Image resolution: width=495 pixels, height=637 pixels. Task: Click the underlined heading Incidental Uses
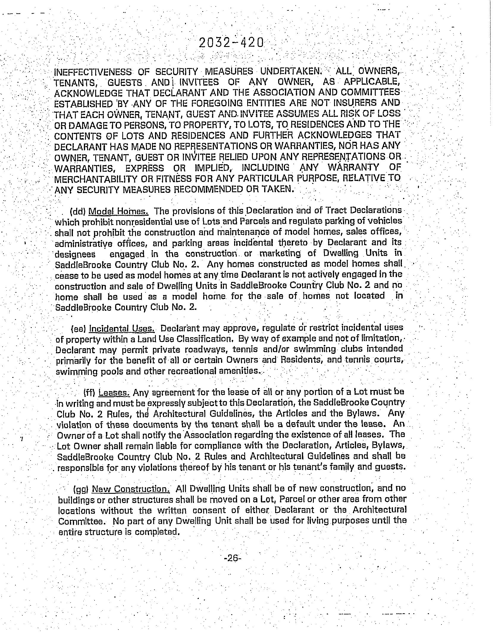[x=122, y=329]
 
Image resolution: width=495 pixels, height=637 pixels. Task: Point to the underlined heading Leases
[x=114, y=392]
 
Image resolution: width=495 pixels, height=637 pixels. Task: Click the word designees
[x=76, y=254]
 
